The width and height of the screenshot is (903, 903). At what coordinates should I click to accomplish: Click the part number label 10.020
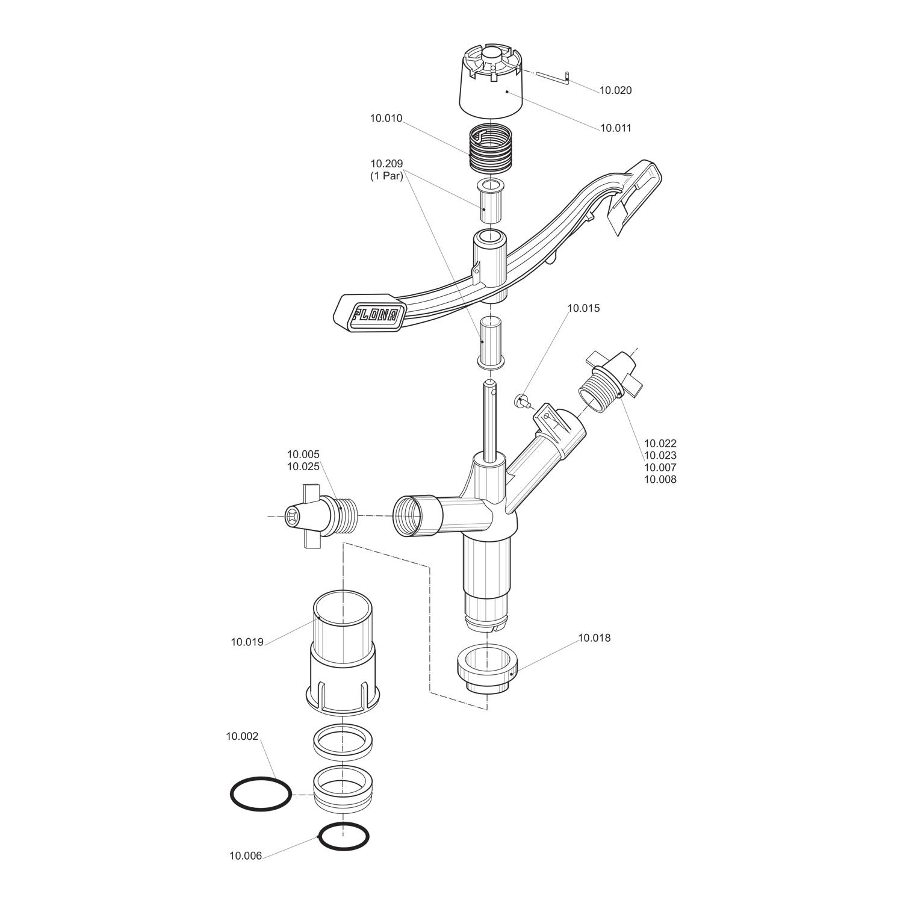[615, 90]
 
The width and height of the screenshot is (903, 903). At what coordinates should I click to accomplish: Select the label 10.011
[616, 128]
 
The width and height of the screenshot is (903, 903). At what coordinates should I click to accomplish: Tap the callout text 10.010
[386, 119]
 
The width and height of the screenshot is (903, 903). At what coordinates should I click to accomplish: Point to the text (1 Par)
[386, 176]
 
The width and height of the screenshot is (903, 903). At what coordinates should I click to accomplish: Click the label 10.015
[583, 308]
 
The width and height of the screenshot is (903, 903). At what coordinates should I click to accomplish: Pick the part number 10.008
[660, 480]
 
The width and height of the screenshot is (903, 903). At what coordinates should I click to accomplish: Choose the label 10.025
[303, 467]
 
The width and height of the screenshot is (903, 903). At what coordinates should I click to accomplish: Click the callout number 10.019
[247, 642]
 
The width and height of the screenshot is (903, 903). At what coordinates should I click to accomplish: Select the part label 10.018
[594, 638]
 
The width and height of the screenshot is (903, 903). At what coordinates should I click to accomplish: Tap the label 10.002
[242, 736]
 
